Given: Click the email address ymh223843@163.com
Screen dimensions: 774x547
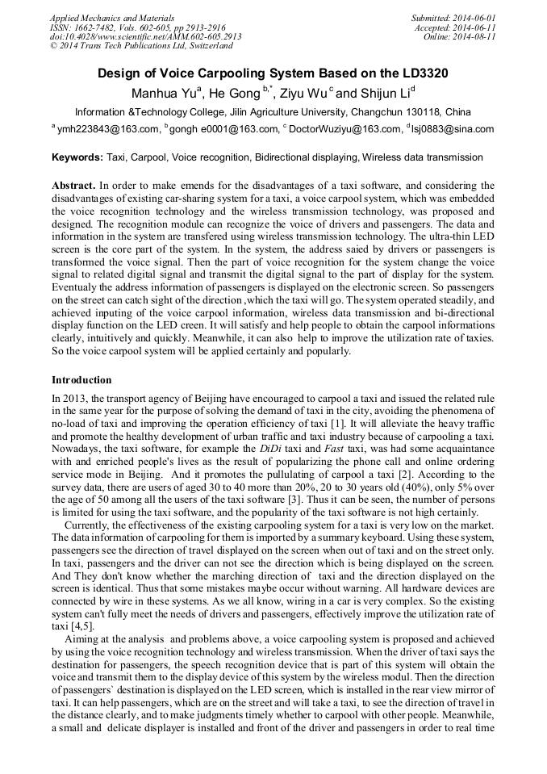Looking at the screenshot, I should click(108, 129).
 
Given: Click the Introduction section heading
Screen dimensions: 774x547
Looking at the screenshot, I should click(81, 380).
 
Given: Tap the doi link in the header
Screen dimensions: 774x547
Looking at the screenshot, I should click(145, 37).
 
